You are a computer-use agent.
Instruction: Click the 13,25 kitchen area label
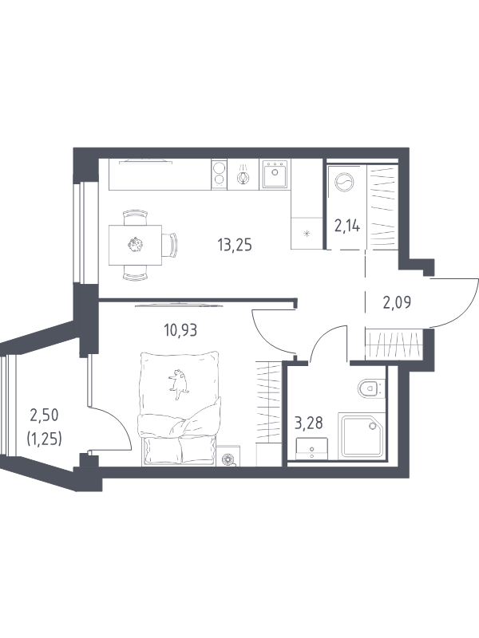(235, 246)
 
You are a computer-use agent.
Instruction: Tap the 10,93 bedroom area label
(180, 330)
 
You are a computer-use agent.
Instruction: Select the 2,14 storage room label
(347, 225)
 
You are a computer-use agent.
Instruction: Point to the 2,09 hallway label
(397, 302)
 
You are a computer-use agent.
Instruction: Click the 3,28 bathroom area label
(309, 423)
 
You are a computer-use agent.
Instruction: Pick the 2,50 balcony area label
(44, 415)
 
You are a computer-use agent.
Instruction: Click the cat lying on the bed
(179, 384)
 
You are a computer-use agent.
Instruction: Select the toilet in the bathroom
(371, 388)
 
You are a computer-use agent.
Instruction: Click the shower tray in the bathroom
(362, 435)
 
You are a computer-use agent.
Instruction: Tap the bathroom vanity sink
(311, 449)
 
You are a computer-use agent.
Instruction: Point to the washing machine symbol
(345, 182)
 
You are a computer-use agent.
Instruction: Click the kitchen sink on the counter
(275, 173)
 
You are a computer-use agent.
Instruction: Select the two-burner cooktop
(219, 174)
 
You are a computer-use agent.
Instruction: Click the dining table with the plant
(135, 245)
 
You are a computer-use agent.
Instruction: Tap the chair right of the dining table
(170, 245)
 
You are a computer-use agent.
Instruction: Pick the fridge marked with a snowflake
(307, 233)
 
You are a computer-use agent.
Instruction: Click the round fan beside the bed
(228, 459)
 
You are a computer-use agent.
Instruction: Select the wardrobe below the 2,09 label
(394, 345)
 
